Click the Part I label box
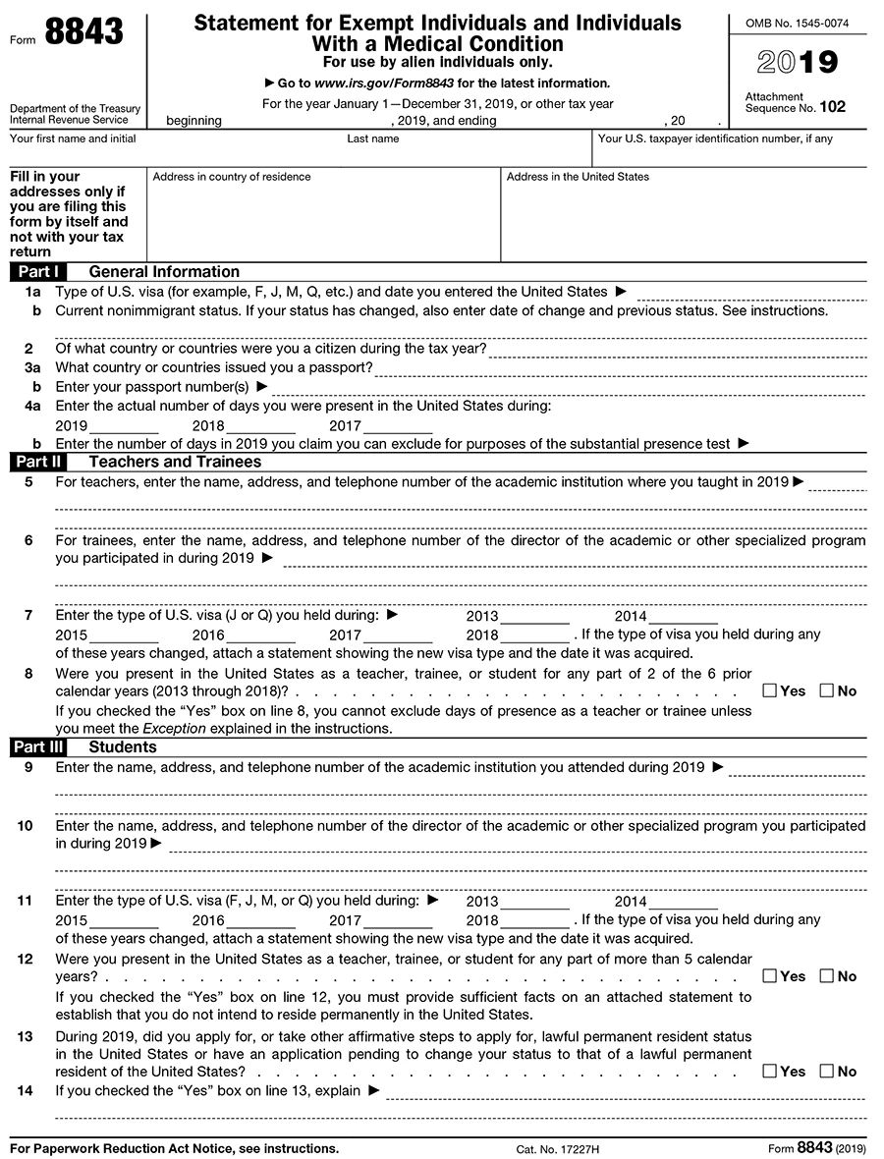point(38,272)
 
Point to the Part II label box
point(38,462)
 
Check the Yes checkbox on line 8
point(769,690)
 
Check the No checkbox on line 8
point(826,690)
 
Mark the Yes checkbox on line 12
point(769,975)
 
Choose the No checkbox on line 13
point(826,1071)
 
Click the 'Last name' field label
point(372,139)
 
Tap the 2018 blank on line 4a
point(260,426)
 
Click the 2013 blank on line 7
point(534,616)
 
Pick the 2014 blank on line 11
point(683,901)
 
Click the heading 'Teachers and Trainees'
point(175,462)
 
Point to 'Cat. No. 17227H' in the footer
point(557,1148)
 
